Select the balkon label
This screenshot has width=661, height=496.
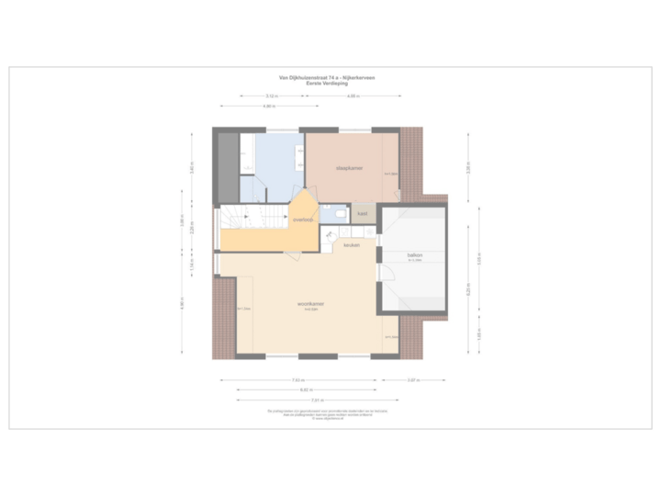click(414, 254)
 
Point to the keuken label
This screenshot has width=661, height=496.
click(352, 245)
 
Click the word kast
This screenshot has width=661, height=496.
click(363, 214)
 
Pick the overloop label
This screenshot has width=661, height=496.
click(304, 220)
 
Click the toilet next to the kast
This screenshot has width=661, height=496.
click(340, 214)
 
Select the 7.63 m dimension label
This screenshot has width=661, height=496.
click(298, 379)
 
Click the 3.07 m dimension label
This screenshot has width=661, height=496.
click(413, 379)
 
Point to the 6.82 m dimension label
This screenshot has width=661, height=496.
click(304, 389)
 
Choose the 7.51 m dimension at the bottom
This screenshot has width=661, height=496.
click(316, 400)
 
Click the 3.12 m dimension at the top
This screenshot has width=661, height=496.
click(273, 96)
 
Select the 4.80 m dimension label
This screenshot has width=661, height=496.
click(267, 107)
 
